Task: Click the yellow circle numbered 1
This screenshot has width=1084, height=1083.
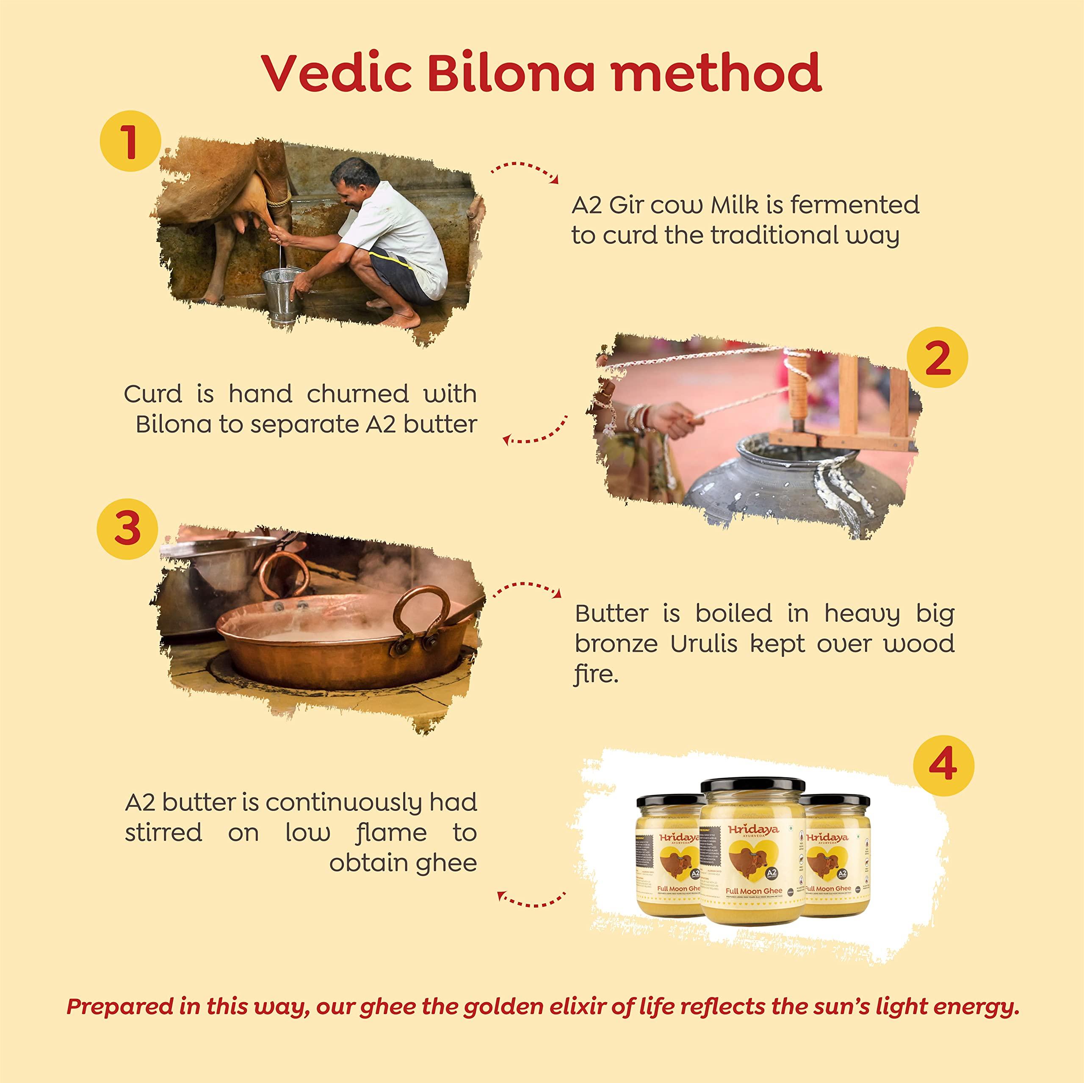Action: point(130,141)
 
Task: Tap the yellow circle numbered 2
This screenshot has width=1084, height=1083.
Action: point(937,357)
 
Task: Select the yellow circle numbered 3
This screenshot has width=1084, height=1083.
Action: point(127,529)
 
